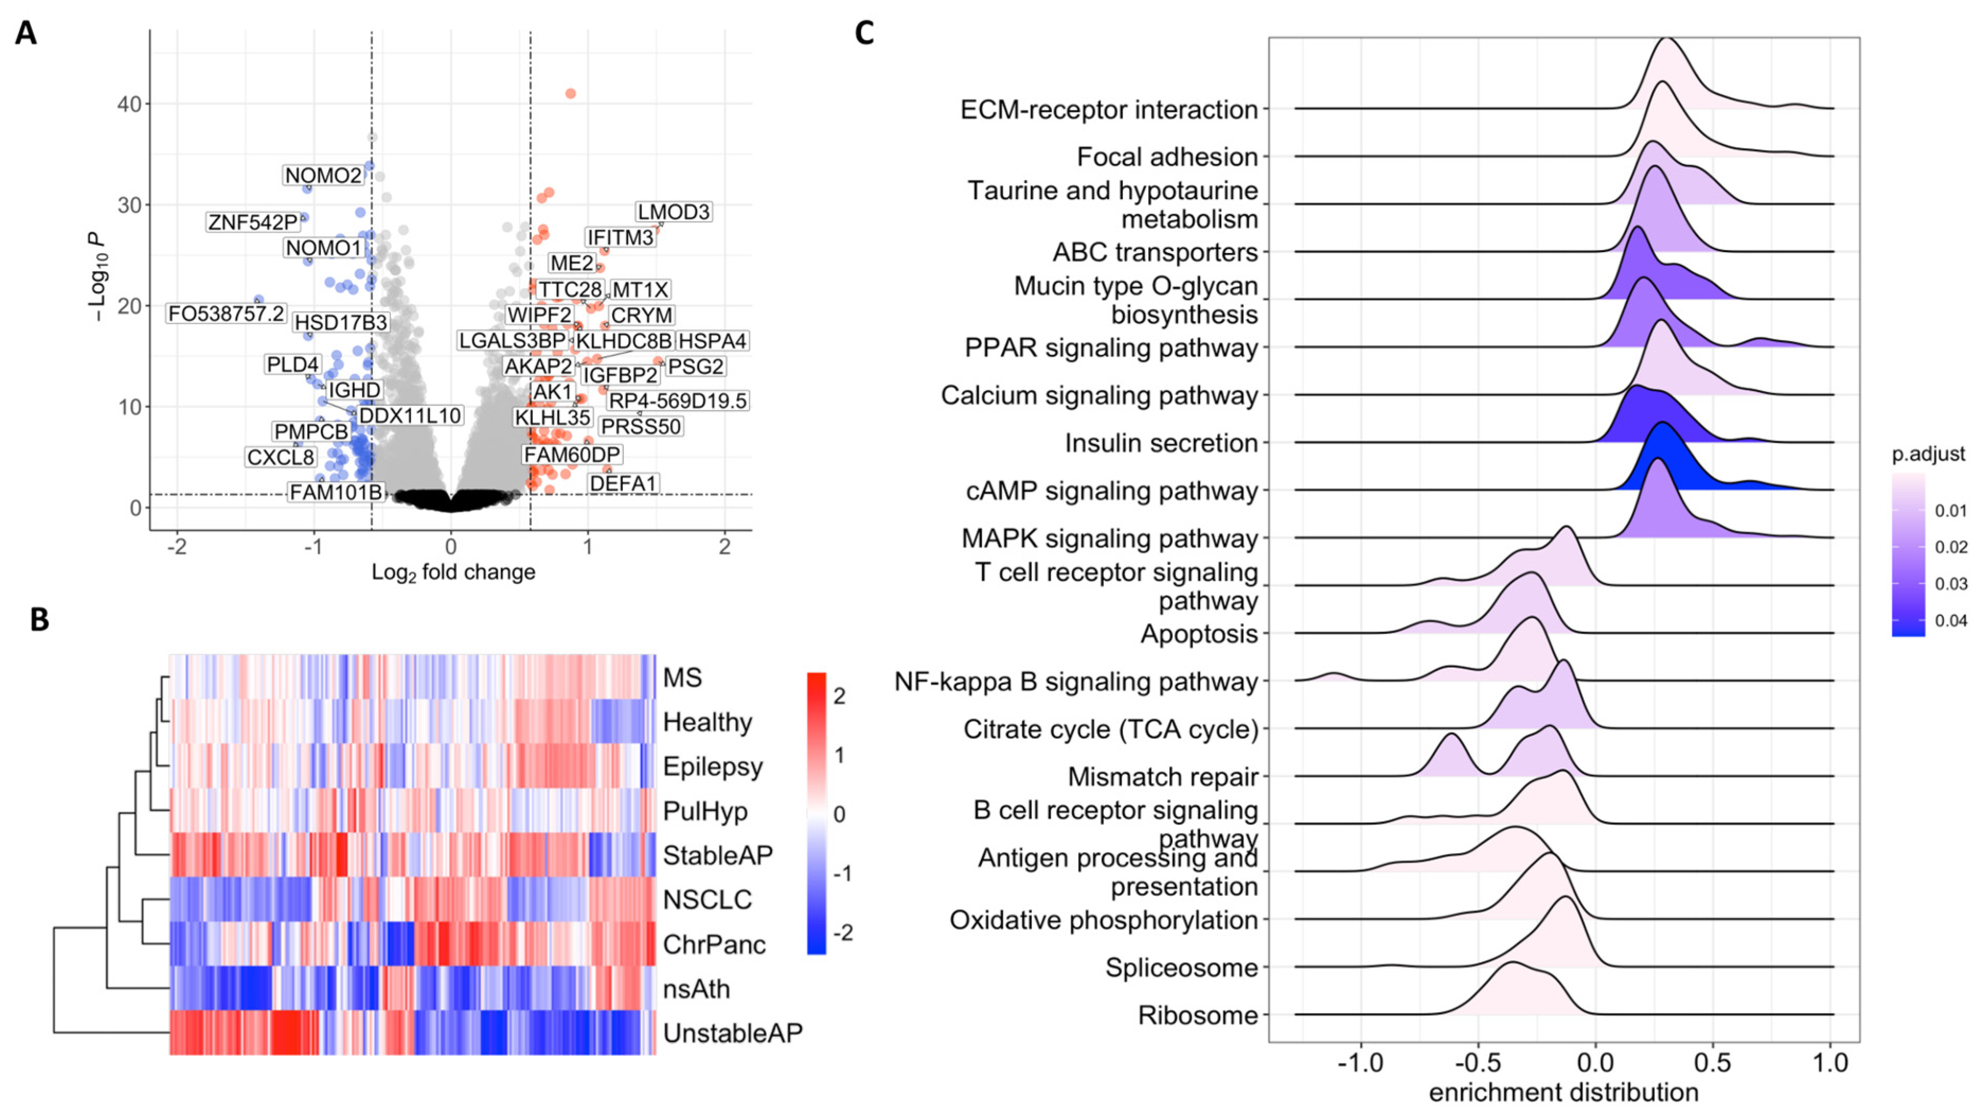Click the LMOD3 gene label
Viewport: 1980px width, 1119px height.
pyautogui.click(x=673, y=211)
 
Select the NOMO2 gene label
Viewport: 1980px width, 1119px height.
pyautogui.click(x=323, y=175)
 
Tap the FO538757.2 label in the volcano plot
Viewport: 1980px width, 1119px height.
pyautogui.click(x=226, y=314)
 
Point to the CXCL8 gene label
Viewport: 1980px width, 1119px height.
pyautogui.click(x=281, y=457)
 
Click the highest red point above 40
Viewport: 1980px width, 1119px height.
pyautogui.click(x=570, y=94)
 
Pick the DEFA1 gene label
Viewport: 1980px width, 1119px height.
pyautogui.click(x=623, y=484)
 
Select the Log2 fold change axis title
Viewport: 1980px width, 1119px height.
pyautogui.click(x=453, y=572)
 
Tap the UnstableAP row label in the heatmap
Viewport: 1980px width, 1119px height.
pyautogui.click(x=732, y=1033)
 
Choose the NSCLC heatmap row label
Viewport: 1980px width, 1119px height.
pyautogui.click(x=706, y=899)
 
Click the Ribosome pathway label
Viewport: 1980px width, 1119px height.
pyautogui.click(x=1197, y=1015)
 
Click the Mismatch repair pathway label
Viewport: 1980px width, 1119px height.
pyautogui.click(x=1162, y=777)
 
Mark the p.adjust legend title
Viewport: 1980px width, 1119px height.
pyautogui.click(x=1927, y=454)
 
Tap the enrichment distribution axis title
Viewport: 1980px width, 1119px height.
pyautogui.click(x=1563, y=1092)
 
